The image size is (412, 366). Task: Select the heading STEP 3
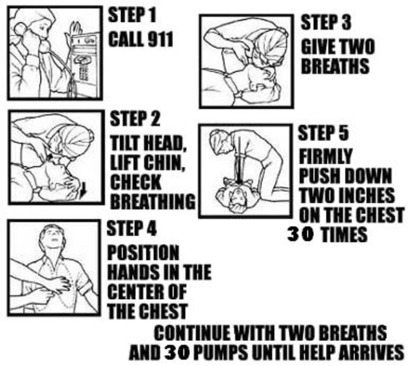326,22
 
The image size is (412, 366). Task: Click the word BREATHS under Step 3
335,66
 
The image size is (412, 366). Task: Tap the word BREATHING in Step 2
152,201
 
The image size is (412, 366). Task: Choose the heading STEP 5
323,132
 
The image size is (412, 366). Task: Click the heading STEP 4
131,228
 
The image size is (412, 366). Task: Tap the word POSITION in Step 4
143,252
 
